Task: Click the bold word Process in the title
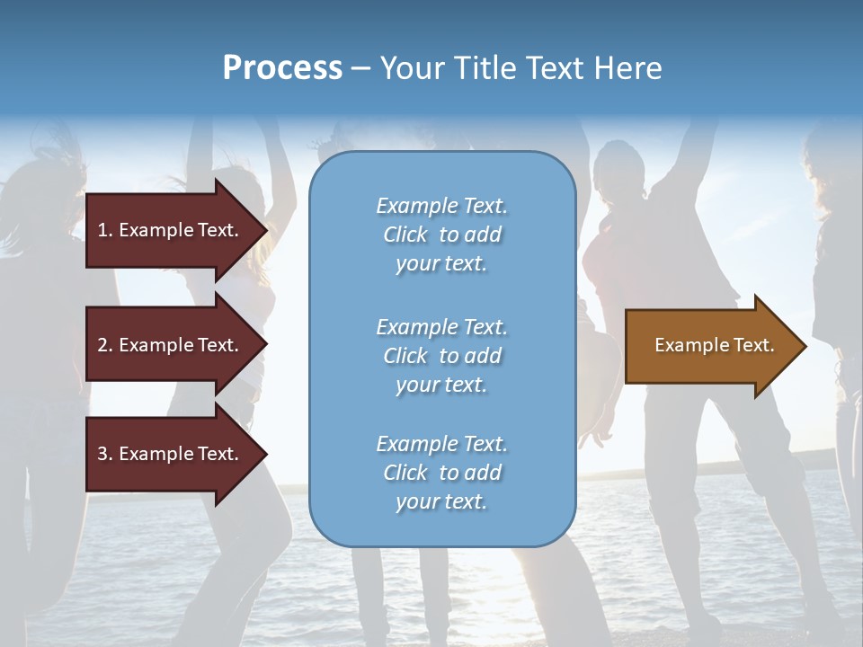tap(282, 68)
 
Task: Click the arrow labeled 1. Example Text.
tap(171, 230)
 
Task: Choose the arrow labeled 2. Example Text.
tap(171, 345)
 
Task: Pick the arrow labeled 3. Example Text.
tap(171, 454)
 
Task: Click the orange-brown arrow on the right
tap(710, 346)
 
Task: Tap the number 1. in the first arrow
tap(105, 230)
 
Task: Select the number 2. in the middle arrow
tap(105, 345)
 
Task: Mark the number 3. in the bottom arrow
tap(105, 454)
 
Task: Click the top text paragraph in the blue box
tap(441, 235)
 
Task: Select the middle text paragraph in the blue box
tap(441, 356)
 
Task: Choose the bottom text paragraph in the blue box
tap(441, 473)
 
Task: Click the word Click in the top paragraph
tap(405, 235)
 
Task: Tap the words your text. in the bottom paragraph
tap(441, 501)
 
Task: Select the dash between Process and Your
tap(361, 69)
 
